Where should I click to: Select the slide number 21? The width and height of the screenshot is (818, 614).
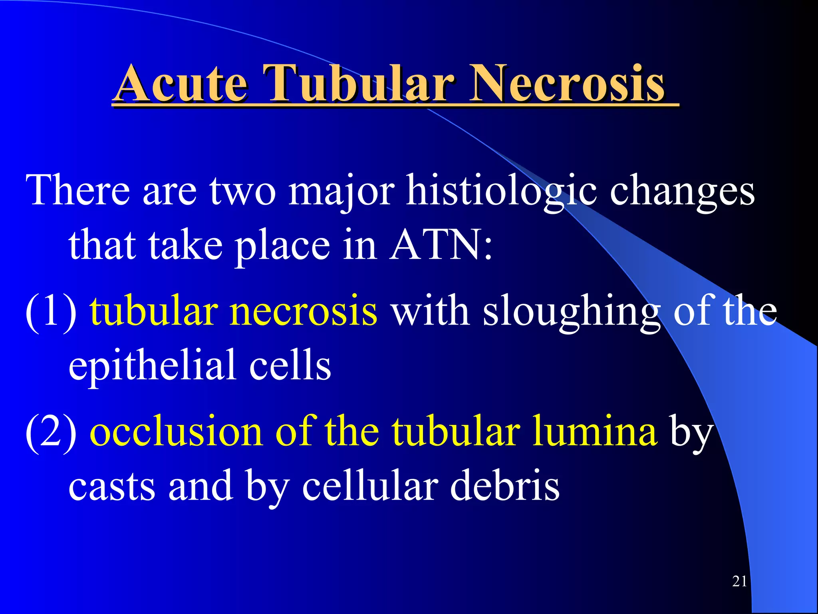coord(739,581)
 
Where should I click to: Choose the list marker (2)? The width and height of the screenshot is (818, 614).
coord(51,433)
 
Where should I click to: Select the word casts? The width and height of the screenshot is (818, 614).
coord(112,486)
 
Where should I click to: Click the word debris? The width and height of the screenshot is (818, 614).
coord(505,485)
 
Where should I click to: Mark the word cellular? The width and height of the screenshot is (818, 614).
coord(369,485)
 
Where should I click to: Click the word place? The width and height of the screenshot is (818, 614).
coord(282,246)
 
